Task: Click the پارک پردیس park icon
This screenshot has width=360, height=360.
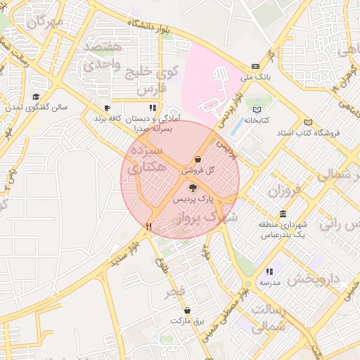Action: (x=193, y=188)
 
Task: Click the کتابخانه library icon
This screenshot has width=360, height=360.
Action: (x=257, y=110)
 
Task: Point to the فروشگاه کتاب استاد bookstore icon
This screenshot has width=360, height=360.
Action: (x=307, y=122)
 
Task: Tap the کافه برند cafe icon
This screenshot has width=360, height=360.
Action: (x=107, y=108)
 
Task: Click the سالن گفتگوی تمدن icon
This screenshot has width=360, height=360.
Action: (x=35, y=97)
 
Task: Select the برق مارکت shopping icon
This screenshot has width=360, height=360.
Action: (x=187, y=310)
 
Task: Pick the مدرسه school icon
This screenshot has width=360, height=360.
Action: (x=269, y=271)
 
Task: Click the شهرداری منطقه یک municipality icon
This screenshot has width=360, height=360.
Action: (x=283, y=214)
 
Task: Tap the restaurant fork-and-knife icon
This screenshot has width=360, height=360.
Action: (x=148, y=227)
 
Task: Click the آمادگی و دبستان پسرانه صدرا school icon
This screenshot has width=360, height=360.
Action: (x=152, y=108)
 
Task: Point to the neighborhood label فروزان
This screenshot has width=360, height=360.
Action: (x=283, y=190)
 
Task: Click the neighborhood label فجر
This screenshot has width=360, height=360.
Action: (x=174, y=291)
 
